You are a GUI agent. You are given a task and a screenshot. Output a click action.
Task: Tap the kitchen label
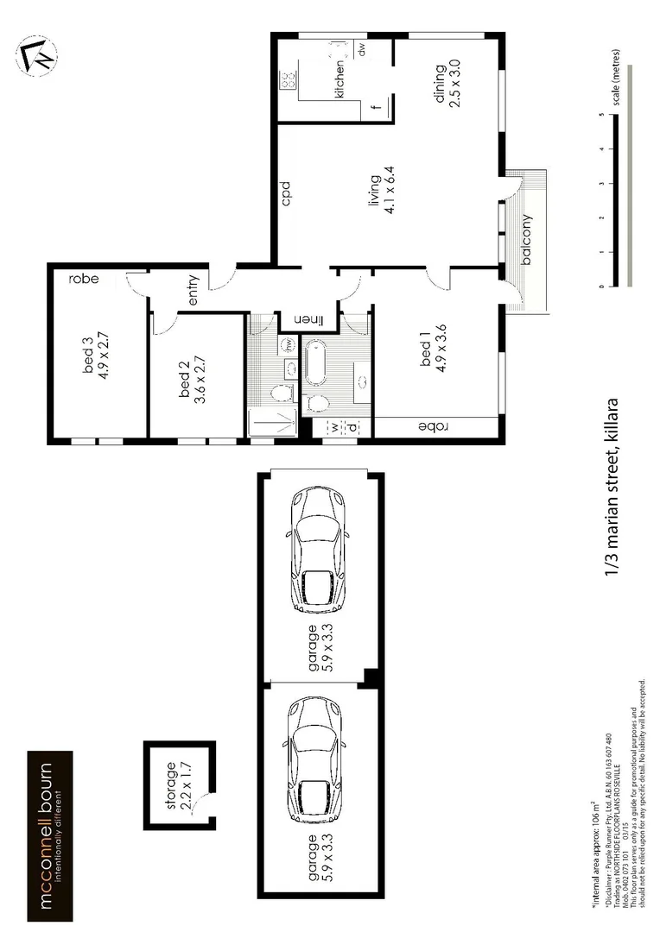(x=340, y=78)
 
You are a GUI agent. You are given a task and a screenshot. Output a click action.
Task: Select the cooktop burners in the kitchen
(x=286, y=81)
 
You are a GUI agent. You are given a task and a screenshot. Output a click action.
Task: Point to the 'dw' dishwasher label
(x=362, y=51)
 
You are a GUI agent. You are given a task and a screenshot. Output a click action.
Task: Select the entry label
(x=192, y=291)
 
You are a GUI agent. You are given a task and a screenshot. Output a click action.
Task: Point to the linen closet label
(x=310, y=320)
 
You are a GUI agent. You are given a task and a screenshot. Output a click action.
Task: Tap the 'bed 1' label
(x=424, y=355)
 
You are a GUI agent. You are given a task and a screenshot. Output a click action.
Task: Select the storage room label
(x=171, y=780)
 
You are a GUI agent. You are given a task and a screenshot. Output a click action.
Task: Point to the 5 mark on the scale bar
(x=600, y=114)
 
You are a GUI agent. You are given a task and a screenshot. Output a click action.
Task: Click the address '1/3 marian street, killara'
(x=613, y=488)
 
